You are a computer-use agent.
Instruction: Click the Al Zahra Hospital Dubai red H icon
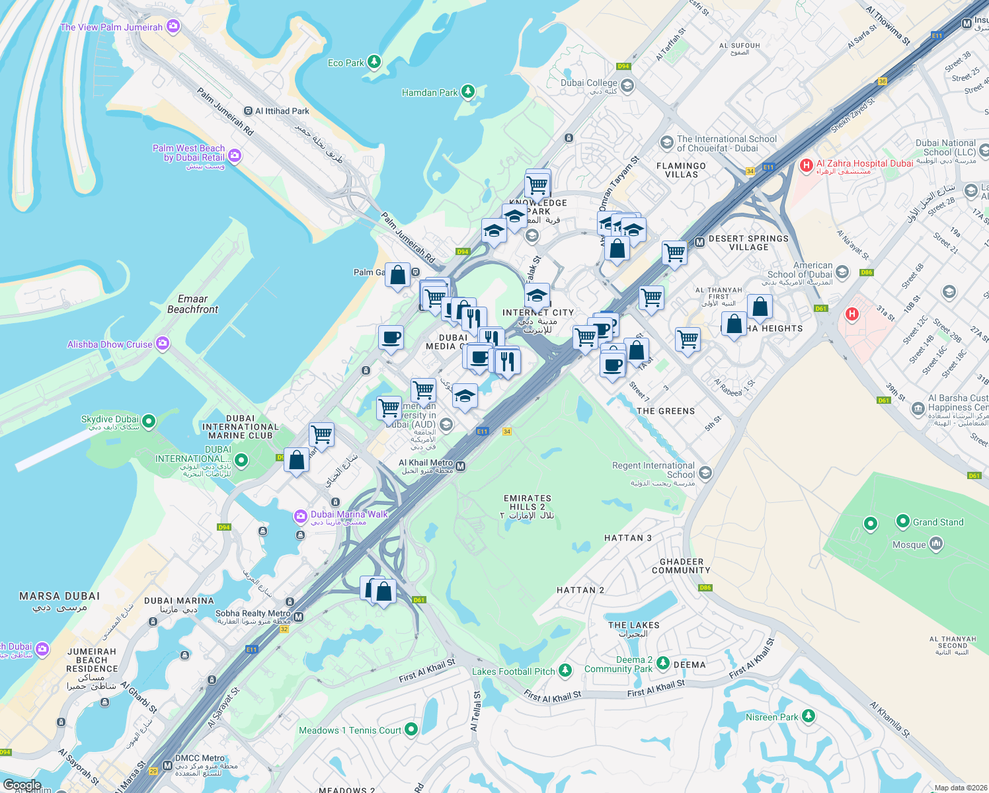[x=806, y=165]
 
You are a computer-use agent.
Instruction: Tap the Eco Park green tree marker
[x=374, y=62]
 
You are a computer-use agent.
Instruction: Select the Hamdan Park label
[x=430, y=93]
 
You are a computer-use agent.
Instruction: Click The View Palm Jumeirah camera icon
[x=173, y=26]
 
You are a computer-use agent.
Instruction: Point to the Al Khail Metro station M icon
[x=461, y=467]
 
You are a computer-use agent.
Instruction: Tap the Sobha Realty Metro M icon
[x=298, y=617]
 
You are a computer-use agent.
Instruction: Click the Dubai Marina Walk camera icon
[x=301, y=515]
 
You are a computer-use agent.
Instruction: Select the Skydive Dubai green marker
[x=149, y=420]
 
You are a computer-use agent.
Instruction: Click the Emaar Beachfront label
[x=192, y=304]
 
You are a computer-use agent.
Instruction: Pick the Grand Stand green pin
[x=902, y=521]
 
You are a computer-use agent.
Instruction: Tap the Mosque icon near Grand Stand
[x=935, y=544]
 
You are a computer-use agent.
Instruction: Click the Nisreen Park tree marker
[x=808, y=716]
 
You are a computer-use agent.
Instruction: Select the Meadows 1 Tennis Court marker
[x=411, y=730]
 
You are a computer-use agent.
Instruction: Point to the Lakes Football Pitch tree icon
[x=565, y=671]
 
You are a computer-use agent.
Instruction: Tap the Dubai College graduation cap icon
[x=627, y=85]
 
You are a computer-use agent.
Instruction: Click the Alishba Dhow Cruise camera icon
[x=163, y=344]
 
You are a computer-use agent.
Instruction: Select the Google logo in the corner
[x=22, y=785]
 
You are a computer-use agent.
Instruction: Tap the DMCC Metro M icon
[x=168, y=766]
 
